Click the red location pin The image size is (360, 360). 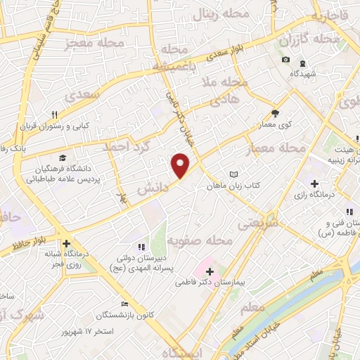pos(181,165)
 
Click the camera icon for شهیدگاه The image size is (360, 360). pos(285,59)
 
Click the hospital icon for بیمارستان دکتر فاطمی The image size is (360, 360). pos(210,271)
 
